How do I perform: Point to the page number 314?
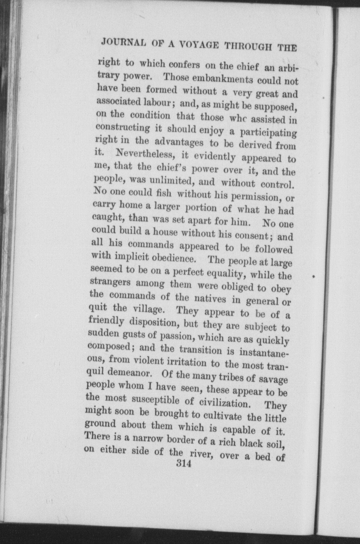[x=183, y=463]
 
